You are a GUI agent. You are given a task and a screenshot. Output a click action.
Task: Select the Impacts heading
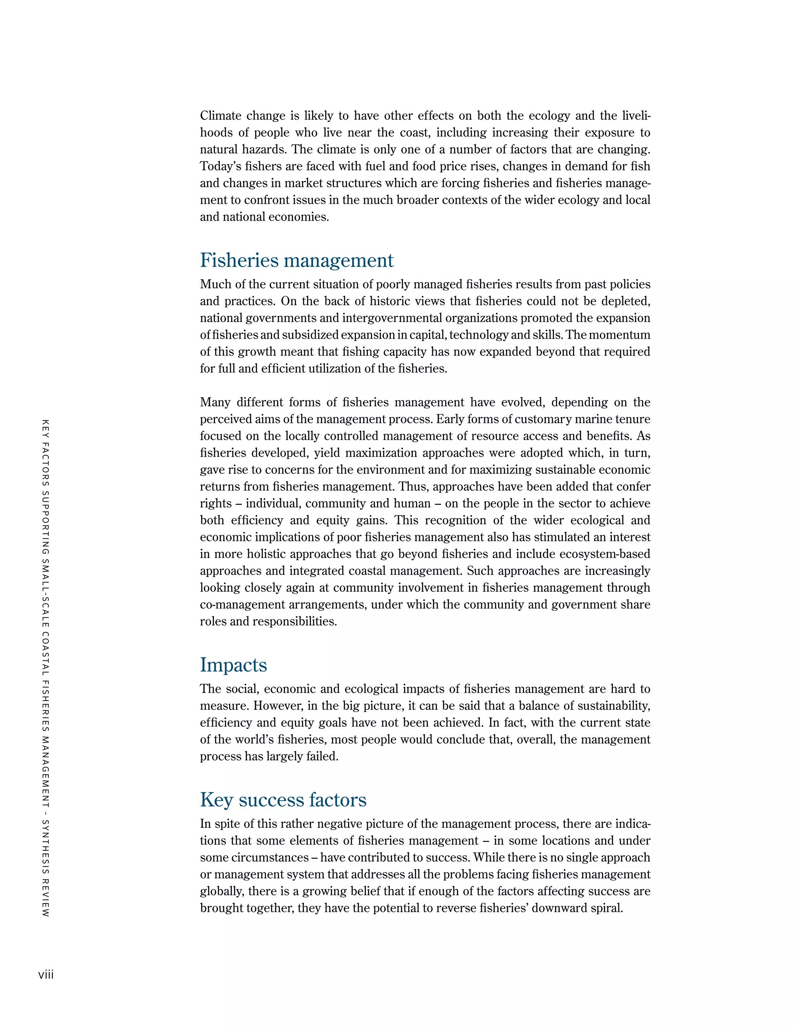(233, 665)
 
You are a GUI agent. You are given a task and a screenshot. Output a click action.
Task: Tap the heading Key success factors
(283, 800)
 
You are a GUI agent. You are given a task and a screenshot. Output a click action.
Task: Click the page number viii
(46, 975)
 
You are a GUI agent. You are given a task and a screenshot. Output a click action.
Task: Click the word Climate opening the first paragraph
(220, 115)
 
